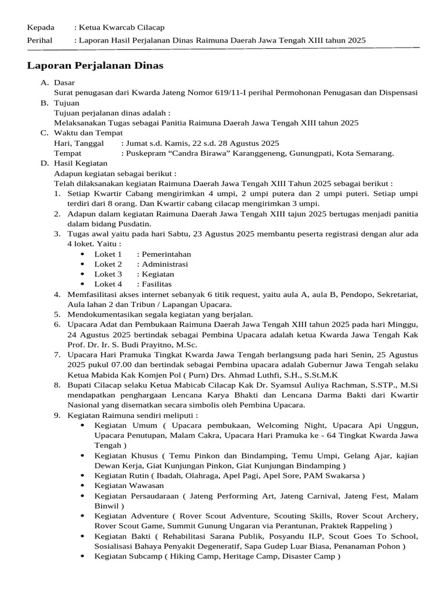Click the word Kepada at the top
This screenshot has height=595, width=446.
tap(41, 27)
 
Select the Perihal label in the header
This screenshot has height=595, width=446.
tap(40, 40)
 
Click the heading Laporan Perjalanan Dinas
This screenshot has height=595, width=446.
tap(95, 66)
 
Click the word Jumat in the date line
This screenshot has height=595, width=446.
tap(134, 143)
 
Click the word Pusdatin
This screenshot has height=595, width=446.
tap(133, 224)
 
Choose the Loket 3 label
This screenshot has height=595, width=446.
tap(109, 274)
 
